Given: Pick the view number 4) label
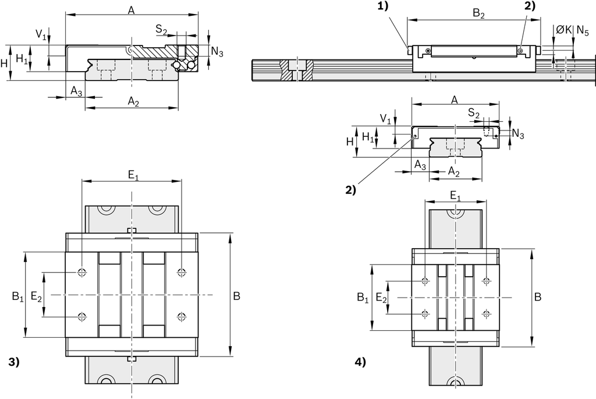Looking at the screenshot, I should click(360, 362).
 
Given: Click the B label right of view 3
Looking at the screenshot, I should click(236, 296).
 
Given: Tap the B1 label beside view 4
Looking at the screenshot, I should click(363, 298).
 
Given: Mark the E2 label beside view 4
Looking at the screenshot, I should click(381, 298).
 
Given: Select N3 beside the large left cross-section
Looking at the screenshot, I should click(217, 52).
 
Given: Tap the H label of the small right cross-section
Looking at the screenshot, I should click(350, 141).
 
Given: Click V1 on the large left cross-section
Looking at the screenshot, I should click(41, 35).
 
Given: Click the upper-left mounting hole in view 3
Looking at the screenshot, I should click(82, 272).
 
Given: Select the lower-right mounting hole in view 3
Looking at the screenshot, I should click(182, 317).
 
